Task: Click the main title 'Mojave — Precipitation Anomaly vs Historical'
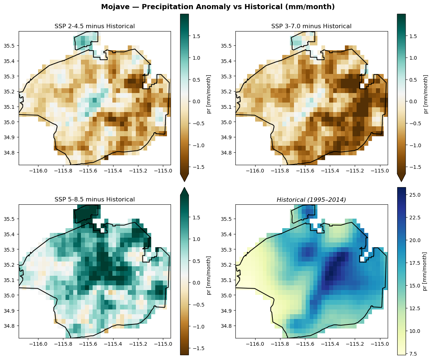218,7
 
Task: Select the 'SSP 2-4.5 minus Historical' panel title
94,26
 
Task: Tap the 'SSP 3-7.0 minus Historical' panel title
311,26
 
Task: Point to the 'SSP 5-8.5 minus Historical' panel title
94,199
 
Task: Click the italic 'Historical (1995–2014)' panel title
311,199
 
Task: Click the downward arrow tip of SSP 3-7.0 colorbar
401,181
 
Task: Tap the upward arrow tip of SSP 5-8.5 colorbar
185,188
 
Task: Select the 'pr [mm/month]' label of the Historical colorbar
425,271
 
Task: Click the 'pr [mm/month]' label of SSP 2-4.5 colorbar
209,94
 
